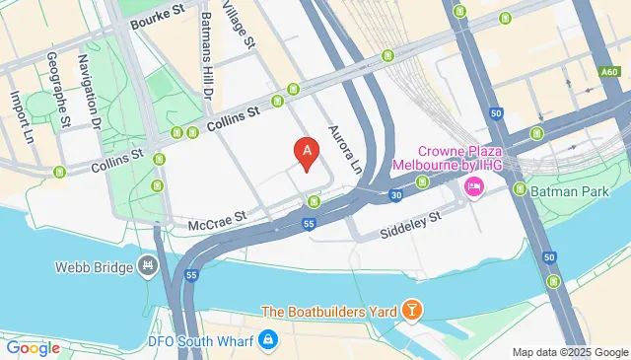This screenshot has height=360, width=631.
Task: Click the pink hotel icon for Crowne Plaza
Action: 473,187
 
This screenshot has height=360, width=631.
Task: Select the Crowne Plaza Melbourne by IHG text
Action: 449,159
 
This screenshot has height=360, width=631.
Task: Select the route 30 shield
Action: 394,195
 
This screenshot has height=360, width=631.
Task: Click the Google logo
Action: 33,347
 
